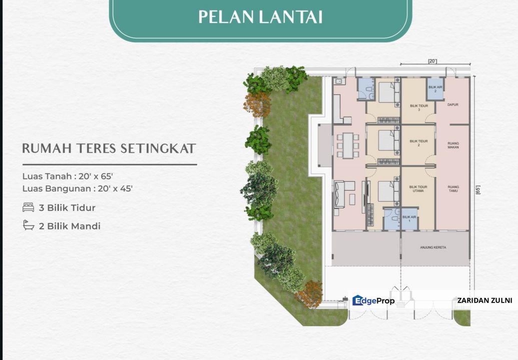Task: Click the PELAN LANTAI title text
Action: (260, 16)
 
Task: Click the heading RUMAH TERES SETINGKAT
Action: (109, 148)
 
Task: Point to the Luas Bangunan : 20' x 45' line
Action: (78, 188)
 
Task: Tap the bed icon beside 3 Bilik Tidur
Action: (29, 207)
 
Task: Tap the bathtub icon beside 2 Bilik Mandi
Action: (29, 226)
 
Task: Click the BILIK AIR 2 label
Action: (435, 88)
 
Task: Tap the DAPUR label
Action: (453, 105)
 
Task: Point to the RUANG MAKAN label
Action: (453, 145)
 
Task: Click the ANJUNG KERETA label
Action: (432, 247)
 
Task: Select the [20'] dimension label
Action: (432, 61)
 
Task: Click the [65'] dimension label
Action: (477, 190)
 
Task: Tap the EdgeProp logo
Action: (373, 300)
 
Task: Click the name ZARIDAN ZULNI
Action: (484, 300)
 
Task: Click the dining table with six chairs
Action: (345, 145)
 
